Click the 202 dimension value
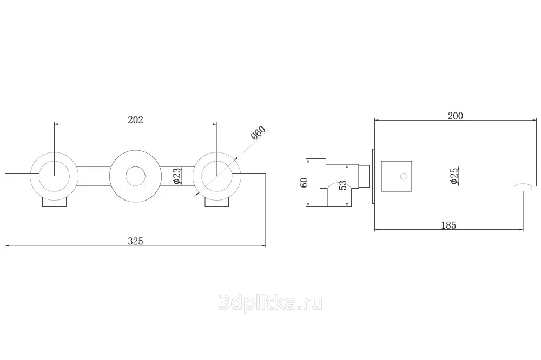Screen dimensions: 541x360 135,119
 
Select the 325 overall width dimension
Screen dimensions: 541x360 135,241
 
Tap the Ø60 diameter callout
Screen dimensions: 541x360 259,133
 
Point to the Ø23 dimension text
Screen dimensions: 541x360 176,176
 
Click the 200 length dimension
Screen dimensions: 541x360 456,116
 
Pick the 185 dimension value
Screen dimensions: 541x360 448,225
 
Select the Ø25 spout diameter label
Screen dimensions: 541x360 454,176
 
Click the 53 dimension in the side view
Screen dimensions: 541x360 342,185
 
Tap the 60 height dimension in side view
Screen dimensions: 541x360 304,183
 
